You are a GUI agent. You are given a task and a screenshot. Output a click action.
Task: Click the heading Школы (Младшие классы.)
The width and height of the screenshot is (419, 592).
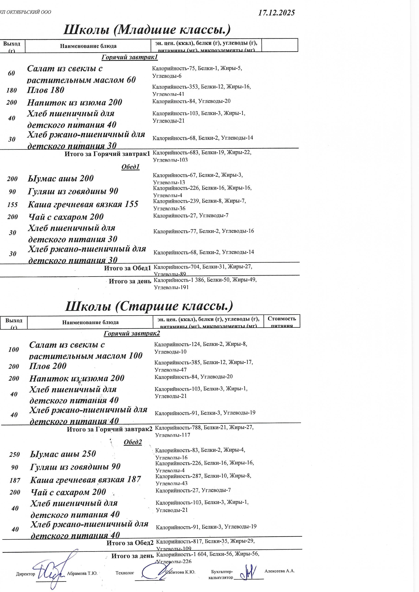click(147, 30)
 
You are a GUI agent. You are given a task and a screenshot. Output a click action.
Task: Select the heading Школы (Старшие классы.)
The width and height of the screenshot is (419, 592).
click(149, 306)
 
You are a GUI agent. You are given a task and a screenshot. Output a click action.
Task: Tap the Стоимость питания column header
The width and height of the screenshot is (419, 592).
click(282, 322)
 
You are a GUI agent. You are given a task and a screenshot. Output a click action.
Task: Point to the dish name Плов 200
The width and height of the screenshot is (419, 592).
click(48, 366)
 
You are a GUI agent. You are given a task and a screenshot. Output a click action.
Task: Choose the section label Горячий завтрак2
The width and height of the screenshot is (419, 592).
click(132, 334)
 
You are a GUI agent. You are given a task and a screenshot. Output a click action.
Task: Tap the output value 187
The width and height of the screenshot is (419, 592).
click(15, 480)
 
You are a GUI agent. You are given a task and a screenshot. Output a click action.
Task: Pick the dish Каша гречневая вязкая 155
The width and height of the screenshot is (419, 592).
click(83, 204)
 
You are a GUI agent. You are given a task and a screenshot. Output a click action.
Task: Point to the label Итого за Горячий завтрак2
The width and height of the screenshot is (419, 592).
click(109, 429)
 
